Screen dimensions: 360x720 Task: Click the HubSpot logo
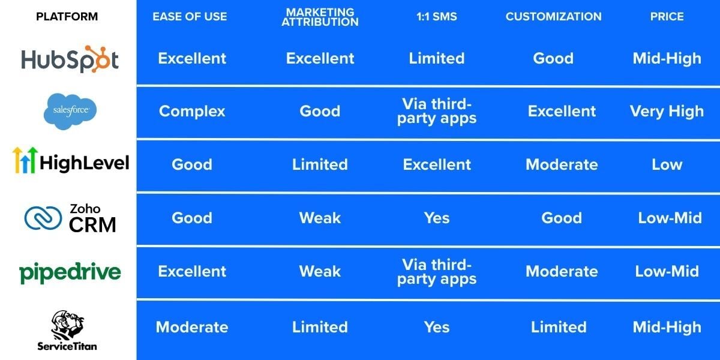(x=70, y=59)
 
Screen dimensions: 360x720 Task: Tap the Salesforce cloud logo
(x=70, y=112)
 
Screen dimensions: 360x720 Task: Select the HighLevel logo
(x=71, y=161)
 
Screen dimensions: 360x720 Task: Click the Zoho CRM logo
(x=70, y=218)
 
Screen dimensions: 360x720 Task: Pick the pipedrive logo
(x=70, y=272)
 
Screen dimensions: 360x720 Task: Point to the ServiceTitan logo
(x=67, y=329)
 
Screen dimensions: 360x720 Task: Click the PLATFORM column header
(x=67, y=16)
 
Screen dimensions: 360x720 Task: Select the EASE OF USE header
(x=190, y=16)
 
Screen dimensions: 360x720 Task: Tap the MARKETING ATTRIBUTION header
(x=320, y=17)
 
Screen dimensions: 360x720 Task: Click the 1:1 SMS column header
(x=436, y=16)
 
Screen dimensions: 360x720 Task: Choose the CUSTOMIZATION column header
(x=553, y=16)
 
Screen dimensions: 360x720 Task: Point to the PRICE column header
(x=667, y=16)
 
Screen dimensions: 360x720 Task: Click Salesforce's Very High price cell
(x=667, y=111)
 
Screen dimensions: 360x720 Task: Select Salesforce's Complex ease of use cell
(x=192, y=111)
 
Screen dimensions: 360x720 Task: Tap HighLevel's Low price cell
(x=667, y=164)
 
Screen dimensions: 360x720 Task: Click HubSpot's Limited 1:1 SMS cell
(x=436, y=58)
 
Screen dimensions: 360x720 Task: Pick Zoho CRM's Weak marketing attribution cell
(x=320, y=217)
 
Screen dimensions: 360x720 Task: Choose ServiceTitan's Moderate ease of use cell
(x=192, y=327)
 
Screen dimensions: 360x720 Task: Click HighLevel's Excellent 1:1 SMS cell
(x=436, y=164)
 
